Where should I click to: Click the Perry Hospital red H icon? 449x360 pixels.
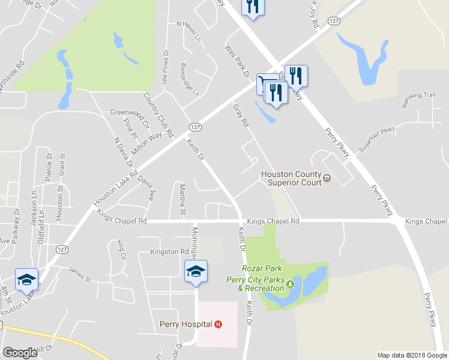point(218,324)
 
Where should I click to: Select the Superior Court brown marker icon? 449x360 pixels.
point(327,178)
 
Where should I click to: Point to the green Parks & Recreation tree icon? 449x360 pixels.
point(291,284)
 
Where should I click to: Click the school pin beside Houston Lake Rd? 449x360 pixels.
point(27,278)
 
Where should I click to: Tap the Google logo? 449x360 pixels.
point(20,353)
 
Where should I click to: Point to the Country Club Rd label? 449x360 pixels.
point(158,114)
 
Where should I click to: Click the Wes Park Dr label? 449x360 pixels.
point(237,61)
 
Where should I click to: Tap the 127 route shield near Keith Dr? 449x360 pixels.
point(194,127)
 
